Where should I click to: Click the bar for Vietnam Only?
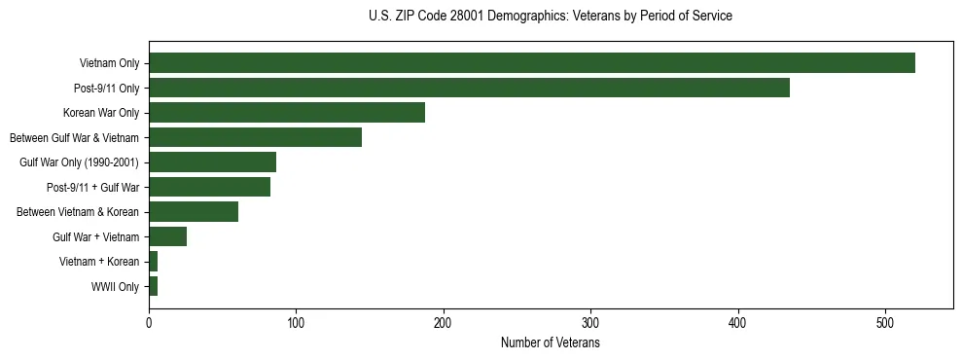click(x=531, y=63)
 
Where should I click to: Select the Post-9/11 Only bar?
click(x=469, y=88)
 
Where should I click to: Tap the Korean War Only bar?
click(x=287, y=113)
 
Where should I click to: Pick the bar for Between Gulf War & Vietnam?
click(x=255, y=137)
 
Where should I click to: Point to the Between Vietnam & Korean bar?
click(x=194, y=212)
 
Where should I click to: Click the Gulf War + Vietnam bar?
click(x=167, y=236)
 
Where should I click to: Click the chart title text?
click(x=551, y=17)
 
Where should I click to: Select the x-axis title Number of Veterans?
click(x=551, y=343)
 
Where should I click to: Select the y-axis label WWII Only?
click(x=116, y=287)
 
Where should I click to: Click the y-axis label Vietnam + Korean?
click(x=99, y=262)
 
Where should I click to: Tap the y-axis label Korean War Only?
click(x=101, y=113)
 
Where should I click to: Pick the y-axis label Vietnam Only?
click(x=109, y=63)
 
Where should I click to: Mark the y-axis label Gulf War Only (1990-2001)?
click(x=80, y=162)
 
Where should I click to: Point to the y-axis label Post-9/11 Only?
click(x=107, y=89)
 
